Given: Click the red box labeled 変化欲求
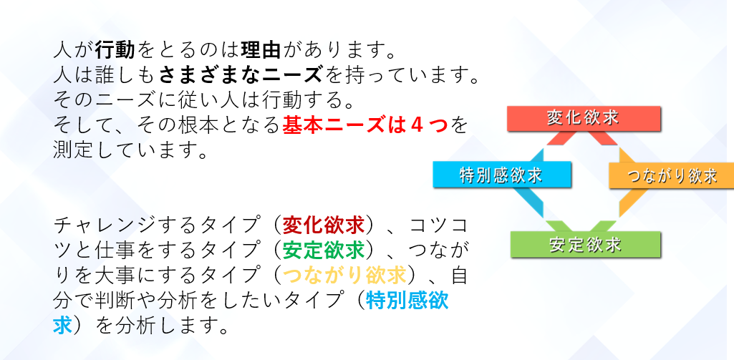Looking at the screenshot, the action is point(584,118).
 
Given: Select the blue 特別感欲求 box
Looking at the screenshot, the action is point(502,175).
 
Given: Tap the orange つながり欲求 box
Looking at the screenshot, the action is point(671,175).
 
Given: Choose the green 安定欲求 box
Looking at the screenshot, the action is point(585,244).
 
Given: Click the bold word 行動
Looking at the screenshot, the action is point(115,49).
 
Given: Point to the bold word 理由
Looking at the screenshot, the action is point(261,49).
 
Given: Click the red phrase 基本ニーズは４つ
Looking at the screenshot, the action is point(365,125).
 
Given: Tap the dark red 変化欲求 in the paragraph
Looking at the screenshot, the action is point(324,225).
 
